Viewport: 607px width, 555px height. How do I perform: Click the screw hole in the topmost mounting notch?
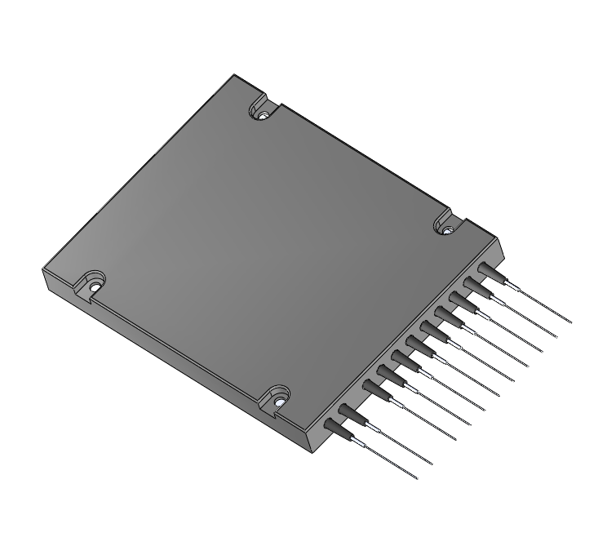point(264,115)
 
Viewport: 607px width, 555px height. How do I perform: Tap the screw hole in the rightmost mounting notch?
point(446,231)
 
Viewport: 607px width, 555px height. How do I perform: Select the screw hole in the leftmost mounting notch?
point(95,286)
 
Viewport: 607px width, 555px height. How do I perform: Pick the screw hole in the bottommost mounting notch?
point(278,402)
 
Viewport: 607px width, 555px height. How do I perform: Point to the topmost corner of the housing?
point(235,75)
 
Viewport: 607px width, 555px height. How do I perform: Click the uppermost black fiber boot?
point(488,273)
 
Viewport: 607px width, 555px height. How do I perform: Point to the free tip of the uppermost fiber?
point(573,322)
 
